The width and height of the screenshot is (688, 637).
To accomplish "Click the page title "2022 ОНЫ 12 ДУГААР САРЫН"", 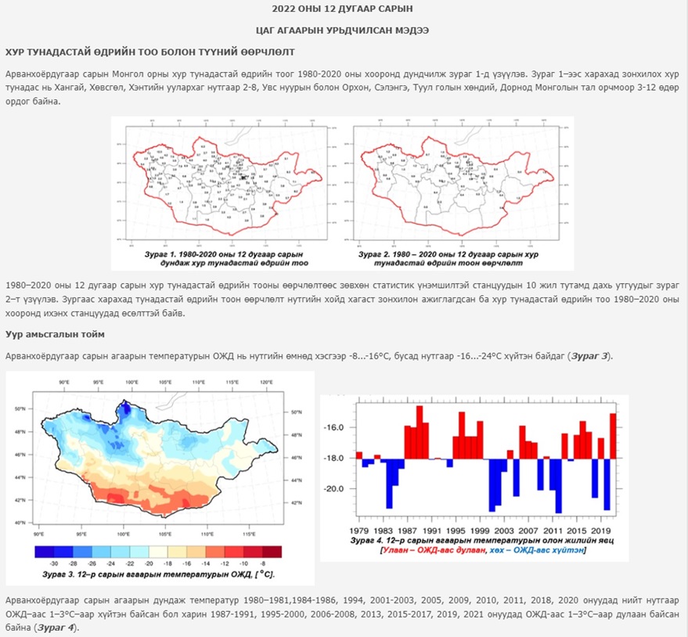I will [x=343, y=9].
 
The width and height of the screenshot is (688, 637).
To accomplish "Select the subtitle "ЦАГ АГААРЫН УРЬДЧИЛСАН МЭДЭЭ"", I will [x=343, y=31].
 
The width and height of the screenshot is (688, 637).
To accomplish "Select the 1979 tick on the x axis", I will [x=359, y=519].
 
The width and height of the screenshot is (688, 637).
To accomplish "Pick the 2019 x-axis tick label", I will [x=601, y=519].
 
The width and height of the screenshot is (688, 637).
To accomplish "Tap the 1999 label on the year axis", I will [x=480, y=519].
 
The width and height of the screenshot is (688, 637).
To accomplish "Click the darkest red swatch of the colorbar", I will [x=271, y=551].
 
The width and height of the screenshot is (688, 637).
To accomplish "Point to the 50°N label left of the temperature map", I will [x=21, y=408].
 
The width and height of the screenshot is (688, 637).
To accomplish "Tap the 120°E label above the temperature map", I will [x=267, y=383].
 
